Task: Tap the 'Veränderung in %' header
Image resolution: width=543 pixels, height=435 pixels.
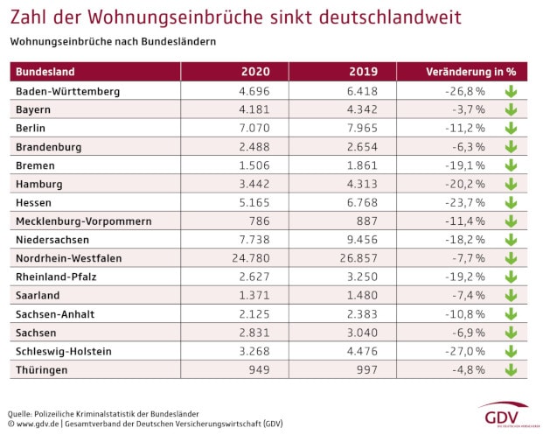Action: coord(466,72)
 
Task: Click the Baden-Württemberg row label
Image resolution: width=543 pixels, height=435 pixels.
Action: coord(67,91)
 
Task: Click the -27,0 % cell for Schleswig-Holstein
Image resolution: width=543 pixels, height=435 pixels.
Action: coord(467,351)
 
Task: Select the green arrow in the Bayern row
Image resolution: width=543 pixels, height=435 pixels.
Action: coord(511,109)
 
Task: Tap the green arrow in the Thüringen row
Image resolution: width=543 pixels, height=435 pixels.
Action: coord(511,369)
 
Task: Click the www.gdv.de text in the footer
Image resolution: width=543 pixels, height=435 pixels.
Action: coord(39,424)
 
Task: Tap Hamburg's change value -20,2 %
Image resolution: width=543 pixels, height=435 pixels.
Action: coord(467,184)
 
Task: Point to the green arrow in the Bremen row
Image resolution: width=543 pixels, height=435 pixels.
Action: coord(511,165)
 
